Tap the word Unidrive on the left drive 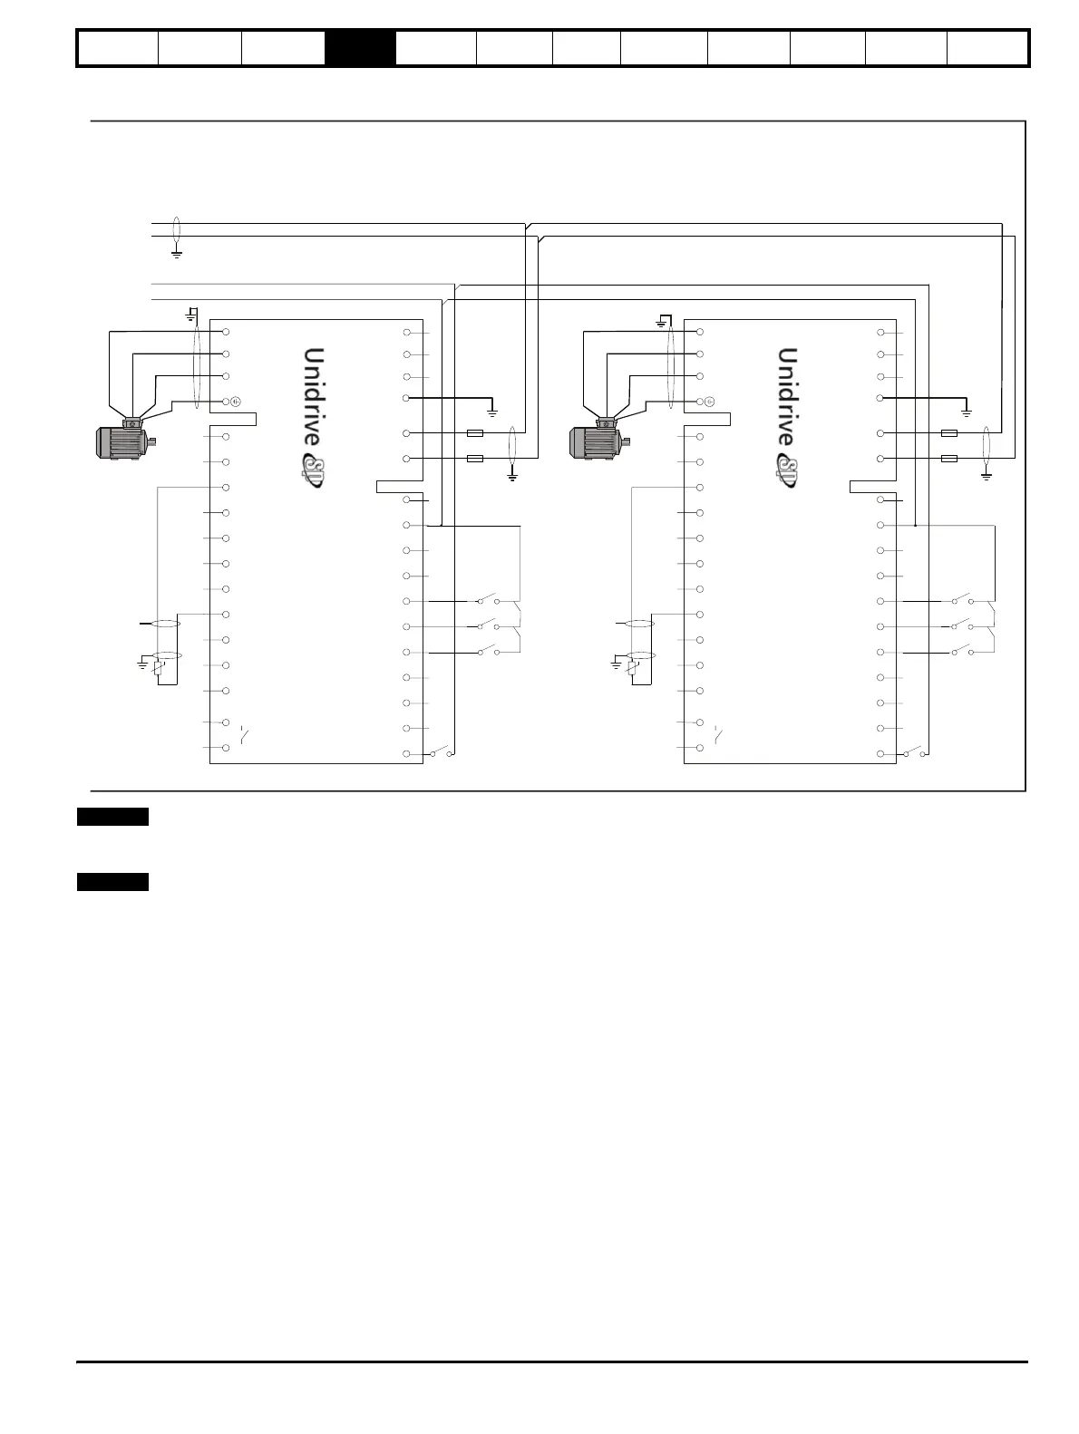[x=313, y=395]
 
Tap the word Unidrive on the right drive [x=787, y=395]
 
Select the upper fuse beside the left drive [x=474, y=433]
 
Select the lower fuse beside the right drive [x=949, y=459]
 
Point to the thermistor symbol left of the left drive [x=159, y=669]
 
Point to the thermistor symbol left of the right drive [x=632, y=669]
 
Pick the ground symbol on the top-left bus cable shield [x=177, y=253]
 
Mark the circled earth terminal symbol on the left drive [x=235, y=401]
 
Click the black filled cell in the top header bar [x=360, y=48]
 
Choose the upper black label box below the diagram [x=112, y=818]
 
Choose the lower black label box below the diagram [x=112, y=883]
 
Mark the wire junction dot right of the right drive [x=916, y=525]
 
